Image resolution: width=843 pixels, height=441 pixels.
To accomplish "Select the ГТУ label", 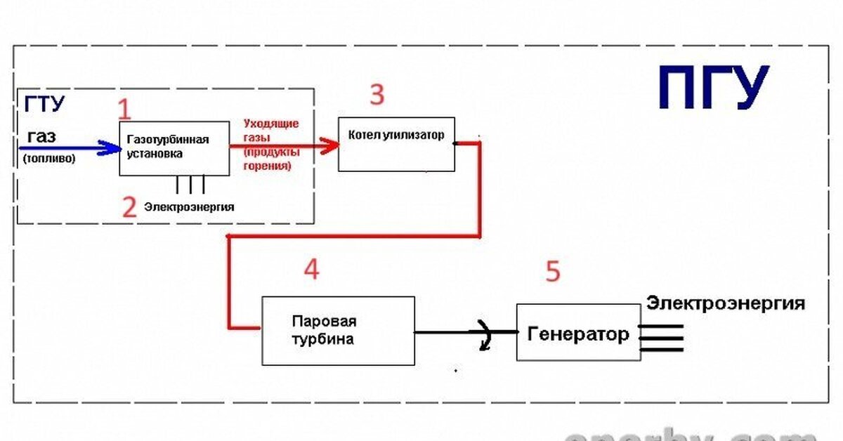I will pyautogui.click(x=45, y=105).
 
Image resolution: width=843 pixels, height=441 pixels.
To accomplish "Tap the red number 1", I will pyautogui.click(x=124, y=110).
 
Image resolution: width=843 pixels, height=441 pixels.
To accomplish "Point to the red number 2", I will pyautogui.click(x=129, y=207).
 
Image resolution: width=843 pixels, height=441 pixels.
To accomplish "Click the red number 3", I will pyautogui.click(x=377, y=94).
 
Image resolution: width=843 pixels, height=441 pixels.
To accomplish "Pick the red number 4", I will pyautogui.click(x=311, y=269).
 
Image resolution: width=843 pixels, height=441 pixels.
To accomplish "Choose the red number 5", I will pyautogui.click(x=554, y=272).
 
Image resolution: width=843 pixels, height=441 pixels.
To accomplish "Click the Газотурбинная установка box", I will pyautogui.click(x=174, y=148).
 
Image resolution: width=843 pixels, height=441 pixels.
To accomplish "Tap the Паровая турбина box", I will pyautogui.click(x=338, y=330).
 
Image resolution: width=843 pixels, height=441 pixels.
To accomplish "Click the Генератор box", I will pyautogui.click(x=578, y=333).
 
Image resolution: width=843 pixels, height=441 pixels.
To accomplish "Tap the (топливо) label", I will pyautogui.click(x=49, y=159).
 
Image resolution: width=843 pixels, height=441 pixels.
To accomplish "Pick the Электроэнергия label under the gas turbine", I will pyautogui.click(x=189, y=207).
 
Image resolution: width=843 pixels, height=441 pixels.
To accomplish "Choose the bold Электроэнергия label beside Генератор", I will pyautogui.click(x=726, y=304).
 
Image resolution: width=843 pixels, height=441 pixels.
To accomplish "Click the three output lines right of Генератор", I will pyautogui.click(x=661, y=338).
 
